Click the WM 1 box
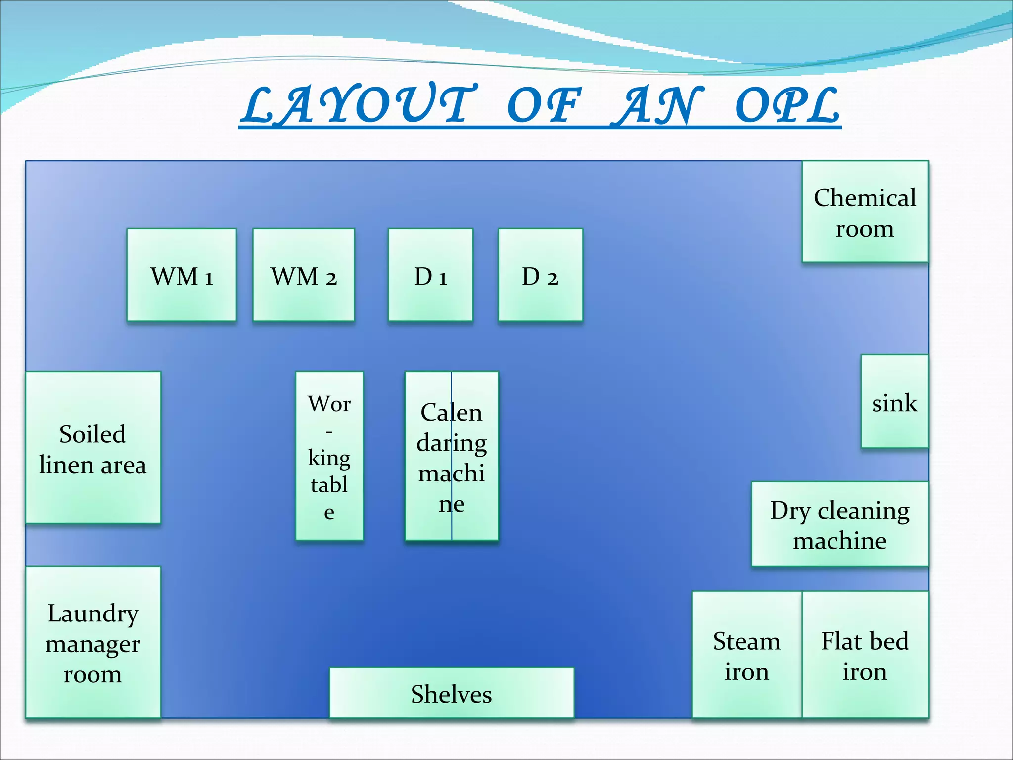[x=182, y=275]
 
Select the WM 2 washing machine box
[x=304, y=275]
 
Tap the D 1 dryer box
[x=430, y=275]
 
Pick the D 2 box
[x=540, y=275]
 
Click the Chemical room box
[x=865, y=212]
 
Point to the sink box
[x=894, y=402]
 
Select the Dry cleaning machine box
[x=840, y=524]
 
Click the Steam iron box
[x=746, y=655]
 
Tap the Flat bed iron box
[x=865, y=655]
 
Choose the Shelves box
[x=452, y=693]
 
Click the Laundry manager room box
[x=93, y=642]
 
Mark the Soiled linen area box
[x=93, y=448]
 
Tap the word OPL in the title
[x=787, y=105]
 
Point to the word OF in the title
[x=543, y=105]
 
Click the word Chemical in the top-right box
[x=865, y=197]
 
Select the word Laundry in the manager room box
[x=93, y=614]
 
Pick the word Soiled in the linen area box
[x=92, y=434]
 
